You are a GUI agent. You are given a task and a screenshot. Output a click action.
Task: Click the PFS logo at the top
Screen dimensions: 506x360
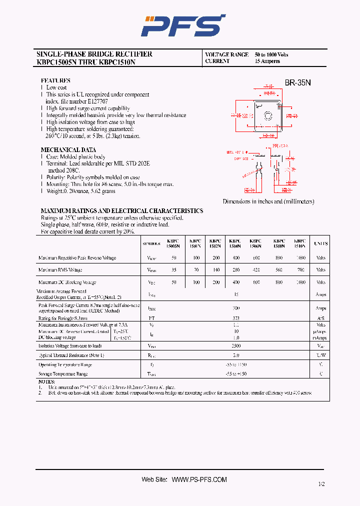tap(183, 25)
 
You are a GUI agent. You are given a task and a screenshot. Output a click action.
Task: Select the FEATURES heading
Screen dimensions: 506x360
tap(55, 80)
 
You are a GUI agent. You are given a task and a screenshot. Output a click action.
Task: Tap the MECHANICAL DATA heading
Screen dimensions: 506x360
tap(68, 150)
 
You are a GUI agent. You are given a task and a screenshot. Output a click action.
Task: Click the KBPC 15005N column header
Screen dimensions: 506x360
tap(174, 243)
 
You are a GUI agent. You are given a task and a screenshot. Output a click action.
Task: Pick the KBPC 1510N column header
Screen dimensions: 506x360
tap(299, 243)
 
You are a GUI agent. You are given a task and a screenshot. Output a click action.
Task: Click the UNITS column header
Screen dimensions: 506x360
tap(320, 243)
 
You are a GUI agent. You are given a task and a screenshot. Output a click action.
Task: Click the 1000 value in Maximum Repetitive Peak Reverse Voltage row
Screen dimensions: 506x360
tap(300, 258)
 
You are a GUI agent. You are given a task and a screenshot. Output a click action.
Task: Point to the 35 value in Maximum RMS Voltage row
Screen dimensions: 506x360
tap(174, 270)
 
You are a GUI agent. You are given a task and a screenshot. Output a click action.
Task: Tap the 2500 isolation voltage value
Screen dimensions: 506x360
tap(236, 346)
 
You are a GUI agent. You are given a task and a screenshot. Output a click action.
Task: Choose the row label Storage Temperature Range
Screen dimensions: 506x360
tap(63, 374)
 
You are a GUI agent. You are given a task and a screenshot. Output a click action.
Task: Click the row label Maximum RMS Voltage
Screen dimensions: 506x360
tap(60, 270)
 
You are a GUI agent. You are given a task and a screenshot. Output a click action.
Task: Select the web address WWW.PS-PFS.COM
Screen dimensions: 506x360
tap(199, 479)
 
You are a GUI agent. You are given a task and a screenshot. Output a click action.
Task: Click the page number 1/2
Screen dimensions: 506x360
tap(320, 484)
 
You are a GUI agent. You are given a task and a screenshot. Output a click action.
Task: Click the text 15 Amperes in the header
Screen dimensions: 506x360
tap(267, 61)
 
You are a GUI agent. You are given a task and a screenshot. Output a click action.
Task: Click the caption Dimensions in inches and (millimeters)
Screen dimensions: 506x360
tap(268, 201)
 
